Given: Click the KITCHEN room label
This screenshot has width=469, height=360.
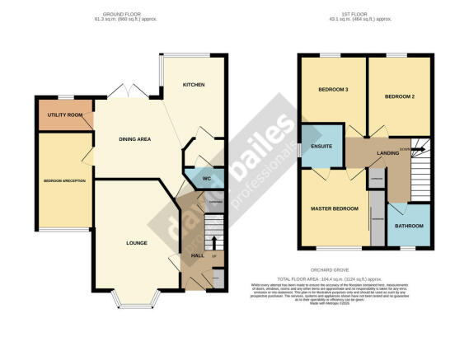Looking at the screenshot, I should point(195,85).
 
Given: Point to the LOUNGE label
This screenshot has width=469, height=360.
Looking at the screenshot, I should point(136,244).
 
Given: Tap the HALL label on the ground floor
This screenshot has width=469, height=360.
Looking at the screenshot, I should point(197,256).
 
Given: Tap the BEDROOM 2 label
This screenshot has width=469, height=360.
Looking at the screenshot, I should point(399,96).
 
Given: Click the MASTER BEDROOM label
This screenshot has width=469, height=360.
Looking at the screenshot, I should point(335,209).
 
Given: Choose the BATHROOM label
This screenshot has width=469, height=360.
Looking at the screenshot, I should point(408,226).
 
